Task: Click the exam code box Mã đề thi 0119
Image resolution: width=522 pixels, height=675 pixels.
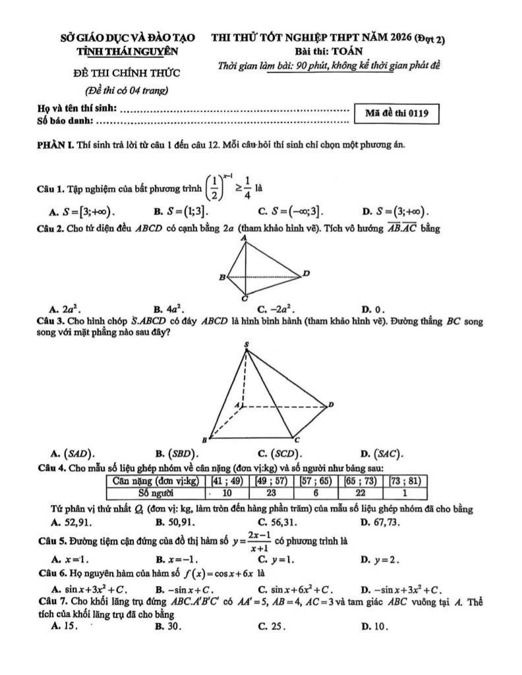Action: click(x=396, y=113)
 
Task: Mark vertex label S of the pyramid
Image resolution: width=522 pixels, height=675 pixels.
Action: click(x=247, y=345)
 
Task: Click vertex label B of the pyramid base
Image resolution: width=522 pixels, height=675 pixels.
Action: click(x=204, y=438)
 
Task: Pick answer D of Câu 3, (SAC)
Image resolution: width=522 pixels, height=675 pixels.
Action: click(x=383, y=453)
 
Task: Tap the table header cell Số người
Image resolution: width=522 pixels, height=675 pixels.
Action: click(x=156, y=492)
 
